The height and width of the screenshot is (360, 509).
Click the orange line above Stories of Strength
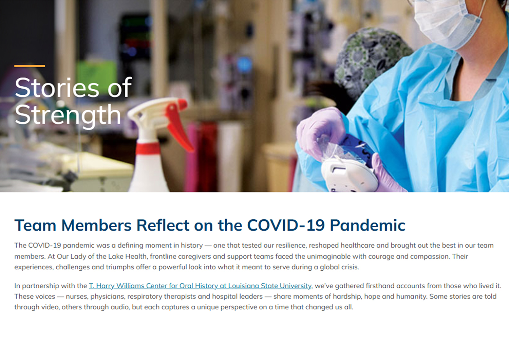tap(30, 66)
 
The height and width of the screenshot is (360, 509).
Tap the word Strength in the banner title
tap(68, 115)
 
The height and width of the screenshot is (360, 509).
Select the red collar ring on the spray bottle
tap(148, 148)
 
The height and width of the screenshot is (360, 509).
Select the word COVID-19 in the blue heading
tap(286, 226)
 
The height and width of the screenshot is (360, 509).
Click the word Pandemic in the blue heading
tap(367, 226)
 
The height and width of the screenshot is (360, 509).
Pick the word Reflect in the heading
tap(163, 226)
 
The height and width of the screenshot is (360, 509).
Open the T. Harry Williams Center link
tap(200, 286)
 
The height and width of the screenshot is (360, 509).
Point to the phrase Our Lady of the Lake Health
tap(102, 256)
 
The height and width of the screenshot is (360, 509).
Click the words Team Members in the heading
tap(73, 226)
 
